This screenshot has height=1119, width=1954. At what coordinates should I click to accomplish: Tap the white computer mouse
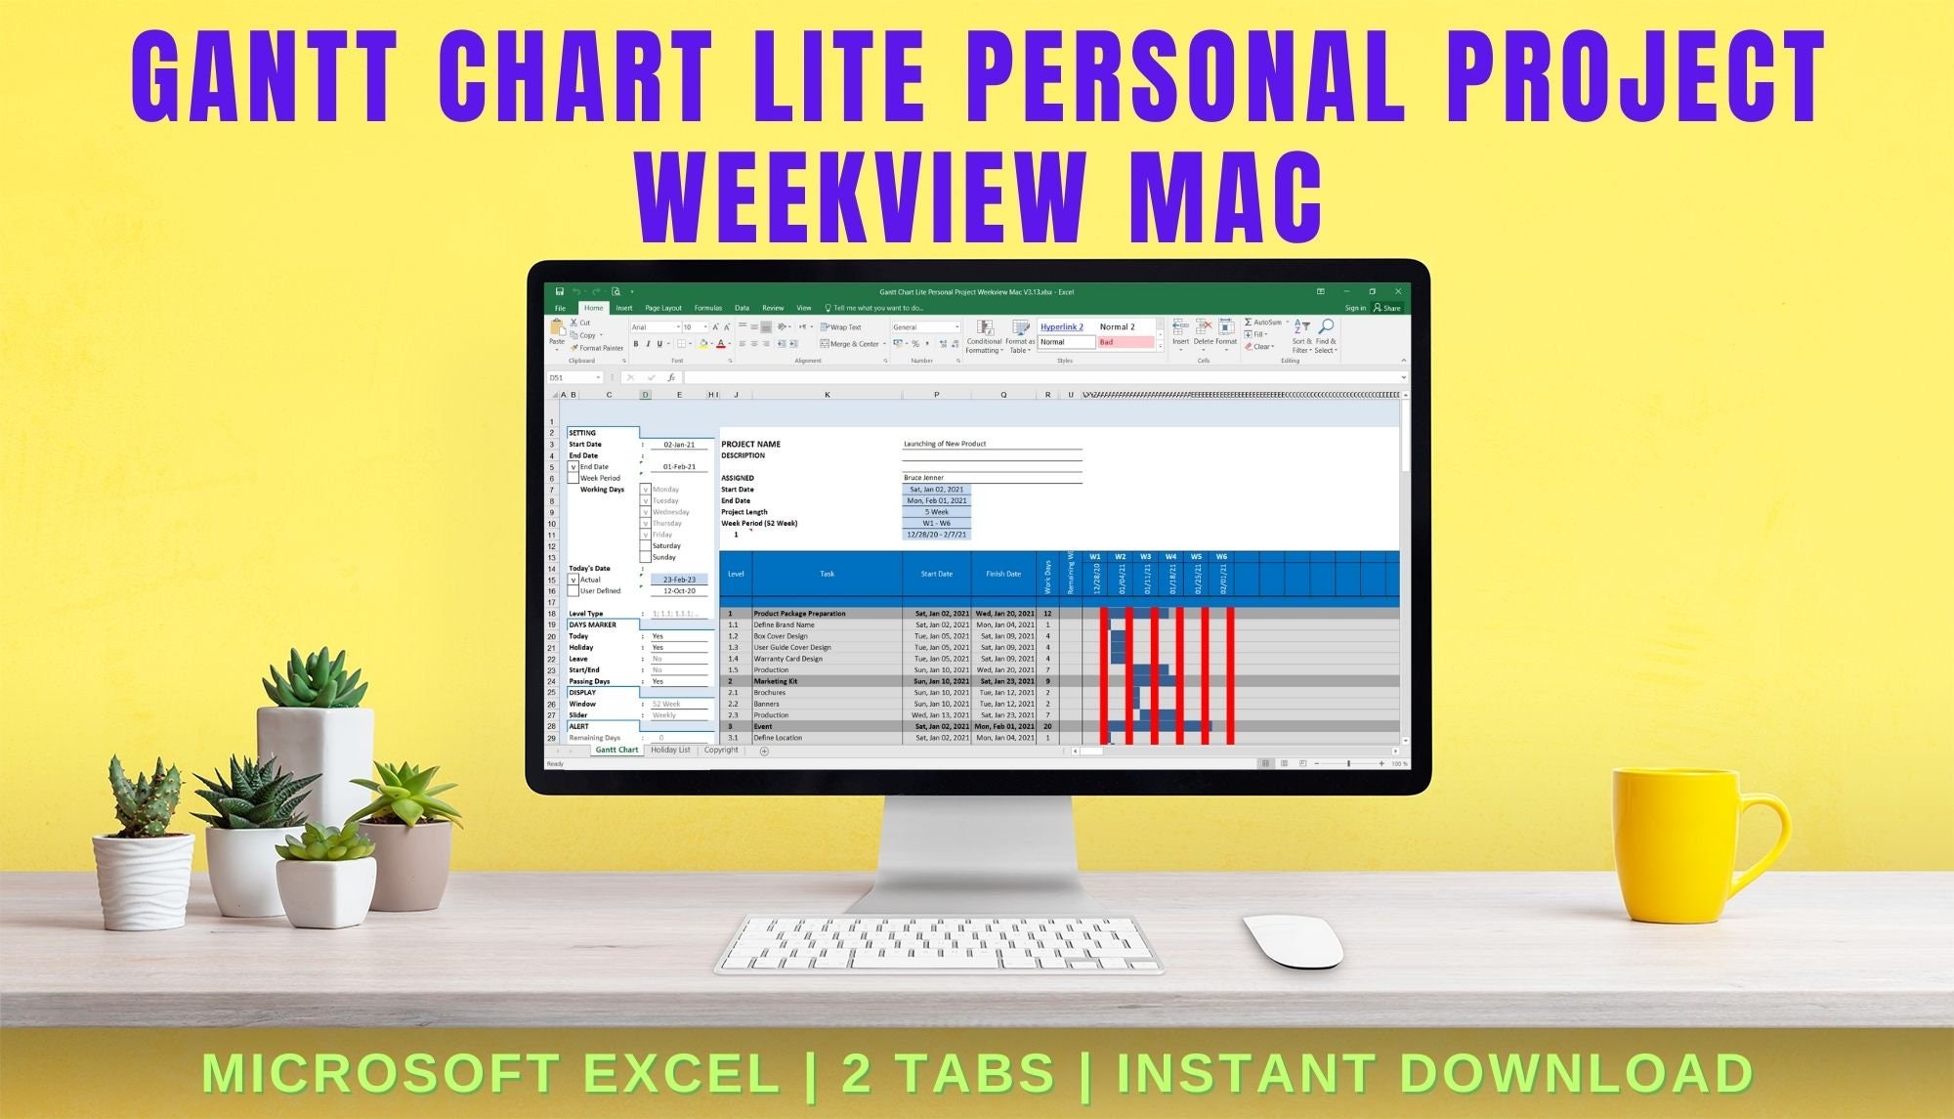1294,941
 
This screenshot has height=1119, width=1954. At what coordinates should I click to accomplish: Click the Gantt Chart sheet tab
616,750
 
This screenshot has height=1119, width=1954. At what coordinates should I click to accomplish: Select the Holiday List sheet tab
670,750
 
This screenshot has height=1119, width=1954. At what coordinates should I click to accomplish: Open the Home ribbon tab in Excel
594,308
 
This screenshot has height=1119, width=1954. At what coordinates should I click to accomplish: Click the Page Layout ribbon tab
663,308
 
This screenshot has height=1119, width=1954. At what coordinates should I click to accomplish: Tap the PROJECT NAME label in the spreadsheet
750,444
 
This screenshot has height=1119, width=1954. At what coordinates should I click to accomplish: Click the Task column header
827,574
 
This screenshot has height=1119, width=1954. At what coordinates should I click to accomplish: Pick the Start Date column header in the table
936,574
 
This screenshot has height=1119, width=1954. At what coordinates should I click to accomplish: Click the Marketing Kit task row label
776,681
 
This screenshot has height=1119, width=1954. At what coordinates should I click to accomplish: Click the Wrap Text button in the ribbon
841,327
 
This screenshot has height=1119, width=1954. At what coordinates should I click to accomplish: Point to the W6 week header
1221,557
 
